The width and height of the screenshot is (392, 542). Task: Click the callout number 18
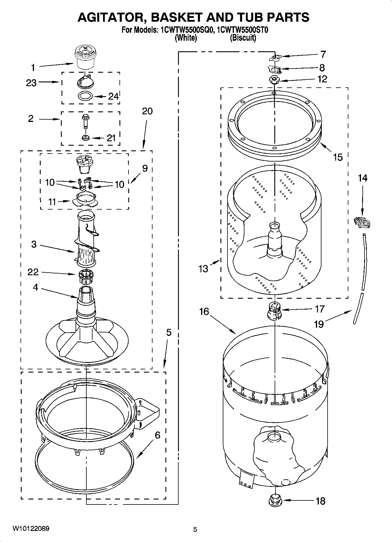(x=321, y=501)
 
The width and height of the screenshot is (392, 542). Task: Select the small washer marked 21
(x=86, y=137)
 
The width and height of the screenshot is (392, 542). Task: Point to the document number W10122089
(x=30, y=528)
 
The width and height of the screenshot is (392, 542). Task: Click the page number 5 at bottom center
(x=195, y=529)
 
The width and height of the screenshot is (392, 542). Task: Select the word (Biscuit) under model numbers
(x=243, y=38)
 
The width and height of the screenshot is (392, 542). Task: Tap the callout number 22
(x=33, y=272)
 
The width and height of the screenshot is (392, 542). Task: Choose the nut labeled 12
(x=274, y=80)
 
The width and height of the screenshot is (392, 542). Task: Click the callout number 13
(x=203, y=268)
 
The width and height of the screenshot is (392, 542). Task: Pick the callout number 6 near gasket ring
(x=158, y=435)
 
